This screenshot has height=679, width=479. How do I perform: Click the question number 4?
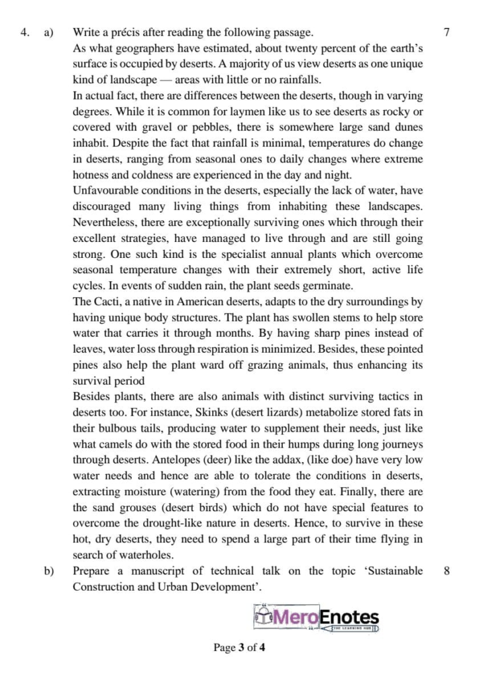pyautogui.click(x=25, y=32)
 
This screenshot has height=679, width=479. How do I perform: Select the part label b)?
pyautogui.click(x=48, y=571)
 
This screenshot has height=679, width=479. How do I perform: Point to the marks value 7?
pyautogui.click(x=447, y=32)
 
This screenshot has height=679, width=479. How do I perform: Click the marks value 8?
pyautogui.click(x=447, y=571)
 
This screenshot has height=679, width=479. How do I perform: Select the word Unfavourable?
pyautogui.click(x=108, y=192)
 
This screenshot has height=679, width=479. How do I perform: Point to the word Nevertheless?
pyautogui.click(x=107, y=224)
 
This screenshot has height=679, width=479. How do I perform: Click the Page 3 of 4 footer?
pyautogui.click(x=239, y=648)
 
